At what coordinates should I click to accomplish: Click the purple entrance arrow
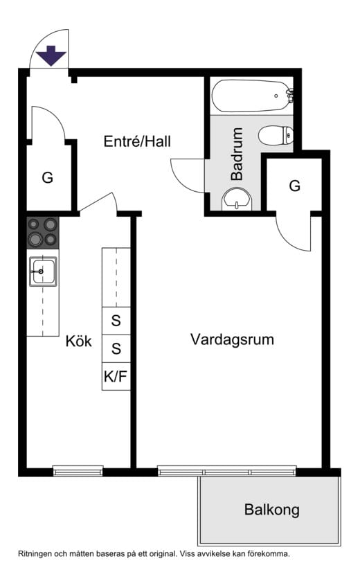[x=51, y=55]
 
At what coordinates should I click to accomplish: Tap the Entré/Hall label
[x=137, y=141]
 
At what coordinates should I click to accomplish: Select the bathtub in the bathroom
[x=251, y=96]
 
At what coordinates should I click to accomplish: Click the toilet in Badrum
[x=276, y=135]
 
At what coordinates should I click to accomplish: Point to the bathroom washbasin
[x=237, y=199]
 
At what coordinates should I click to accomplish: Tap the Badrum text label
[x=237, y=154]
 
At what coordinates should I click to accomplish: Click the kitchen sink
[x=43, y=271]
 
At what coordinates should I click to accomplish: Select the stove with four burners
[x=43, y=232]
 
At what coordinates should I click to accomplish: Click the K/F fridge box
[x=116, y=376]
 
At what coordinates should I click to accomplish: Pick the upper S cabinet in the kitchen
[x=116, y=321]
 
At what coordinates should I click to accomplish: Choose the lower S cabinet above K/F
[x=116, y=349]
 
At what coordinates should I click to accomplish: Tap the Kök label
[x=78, y=341]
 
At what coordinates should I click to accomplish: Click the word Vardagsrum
[x=232, y=339]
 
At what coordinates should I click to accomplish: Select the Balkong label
[x=272, y=510]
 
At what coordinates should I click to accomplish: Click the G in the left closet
[x=48, y=177]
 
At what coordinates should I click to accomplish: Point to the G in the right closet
[x=295, y=186]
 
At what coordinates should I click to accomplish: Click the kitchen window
[x=78, y=471]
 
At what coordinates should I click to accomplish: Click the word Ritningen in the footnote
[x=35, y=553]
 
